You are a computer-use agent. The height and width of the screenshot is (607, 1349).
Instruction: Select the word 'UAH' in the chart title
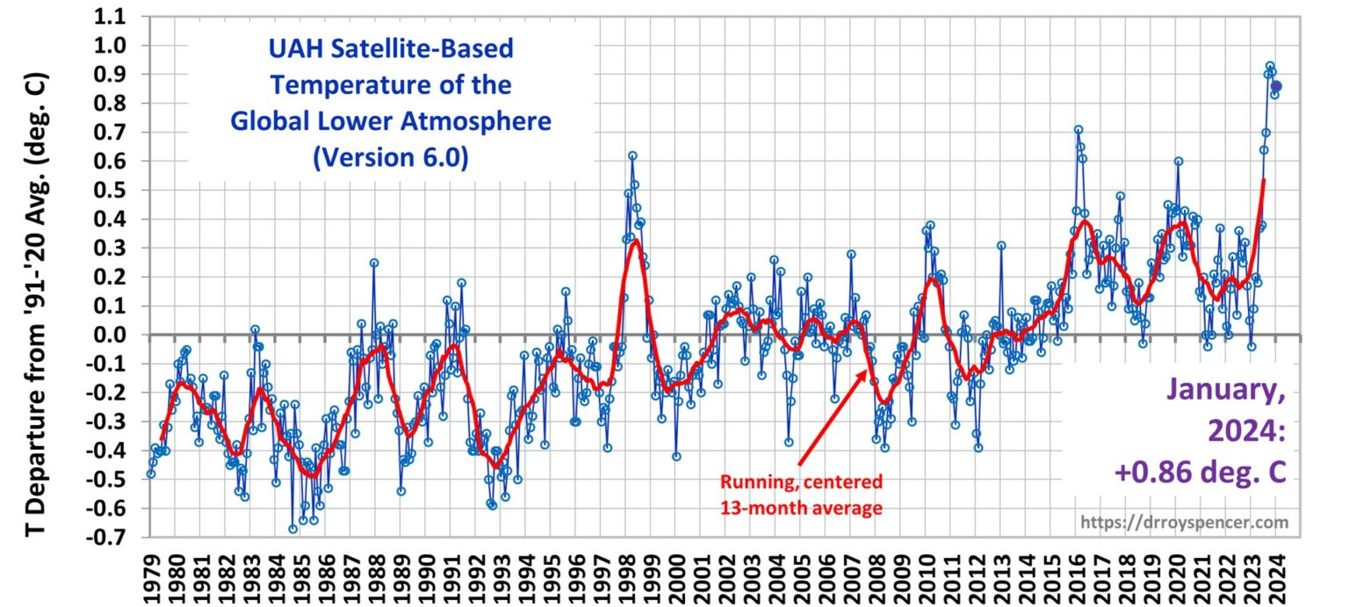(288, 48)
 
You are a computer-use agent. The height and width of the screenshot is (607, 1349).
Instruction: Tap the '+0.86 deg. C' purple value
(1201, 473)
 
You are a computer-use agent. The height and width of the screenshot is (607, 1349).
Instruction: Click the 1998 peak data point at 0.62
(632, 155)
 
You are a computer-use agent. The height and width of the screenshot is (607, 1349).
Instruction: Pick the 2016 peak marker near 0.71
(1078, 130)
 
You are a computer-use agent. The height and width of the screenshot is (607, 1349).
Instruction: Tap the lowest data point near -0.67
(293, 529)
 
